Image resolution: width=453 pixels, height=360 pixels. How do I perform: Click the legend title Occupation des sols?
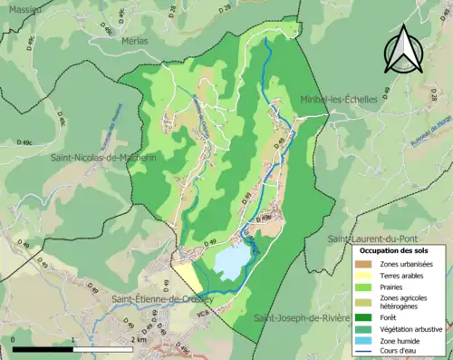click(x=395, y=250)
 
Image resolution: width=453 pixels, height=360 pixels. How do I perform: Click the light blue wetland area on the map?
click(x=232, y=262)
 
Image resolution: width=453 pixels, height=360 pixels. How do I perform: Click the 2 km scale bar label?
click(x=139, y=339)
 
